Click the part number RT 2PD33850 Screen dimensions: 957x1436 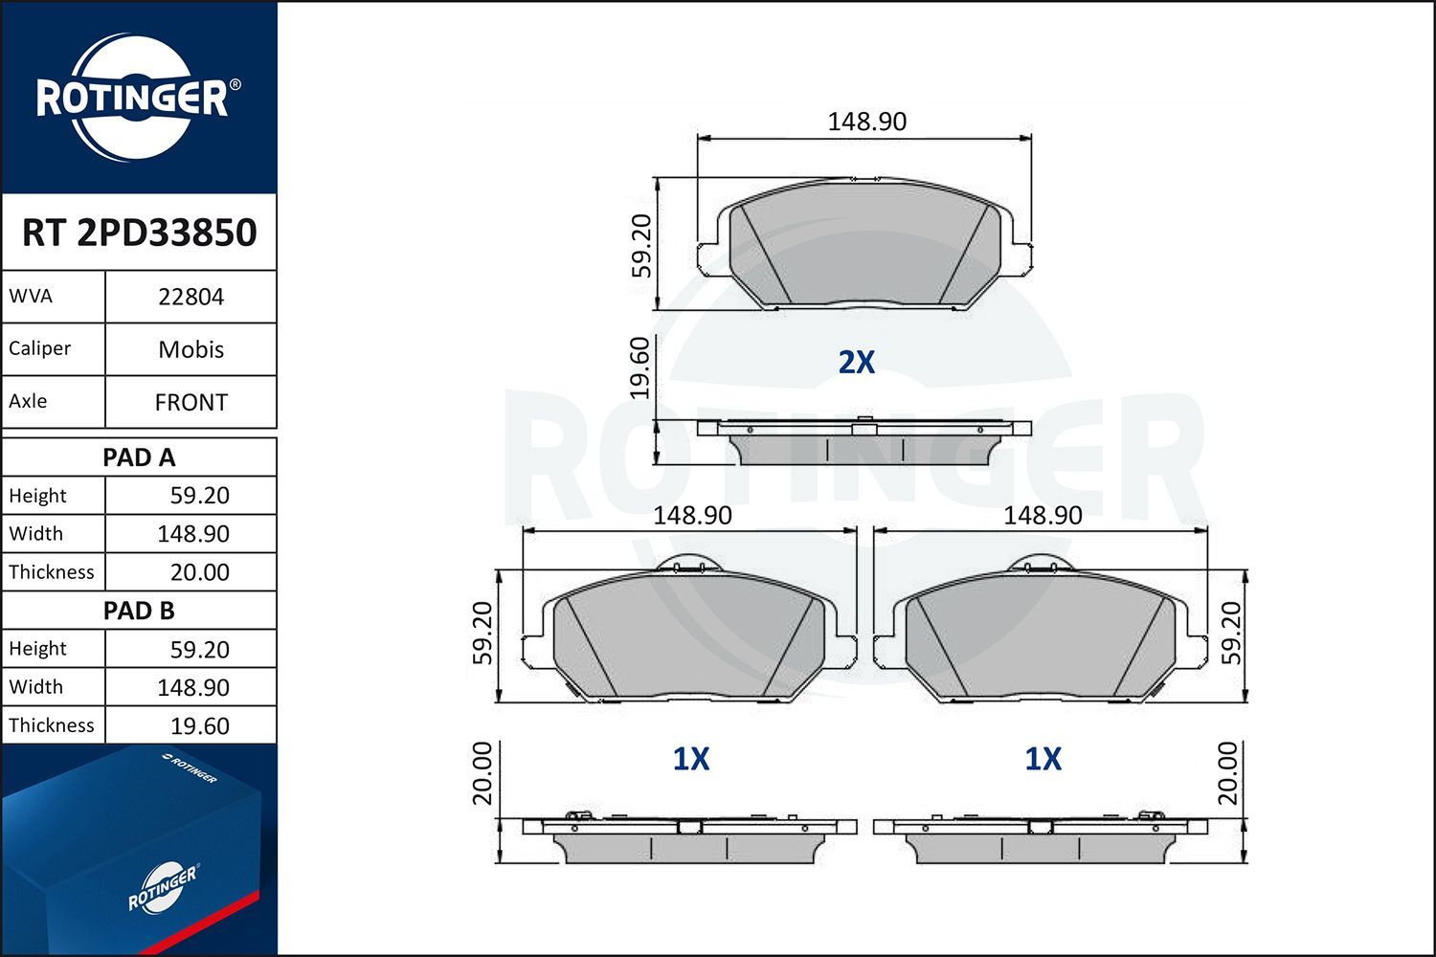click(x=139, y=233)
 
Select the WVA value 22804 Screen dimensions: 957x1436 click(x=191, y=297)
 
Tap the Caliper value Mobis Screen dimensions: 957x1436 click(x=191, y=349)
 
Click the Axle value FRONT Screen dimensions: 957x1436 click(x=191, y=402)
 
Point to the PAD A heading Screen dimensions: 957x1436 click(x=139, y=457)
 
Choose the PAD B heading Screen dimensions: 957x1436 click(x=139, y=611)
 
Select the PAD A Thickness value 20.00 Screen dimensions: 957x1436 click(x=199, y=572)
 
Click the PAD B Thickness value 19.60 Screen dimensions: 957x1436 click(x=199, y=725)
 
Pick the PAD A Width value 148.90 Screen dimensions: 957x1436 click(x=193, y=534)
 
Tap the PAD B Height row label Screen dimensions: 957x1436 click(x=38, y=649)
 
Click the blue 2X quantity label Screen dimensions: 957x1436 click(x=856, y=362)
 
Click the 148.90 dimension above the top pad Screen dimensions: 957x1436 click(x=866, y=122)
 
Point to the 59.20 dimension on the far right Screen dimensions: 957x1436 click(x=1231, y=633)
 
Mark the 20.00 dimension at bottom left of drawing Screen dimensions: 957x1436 click(x=482, y=773)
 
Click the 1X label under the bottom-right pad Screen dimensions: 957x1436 click(x=1043, y=759)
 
